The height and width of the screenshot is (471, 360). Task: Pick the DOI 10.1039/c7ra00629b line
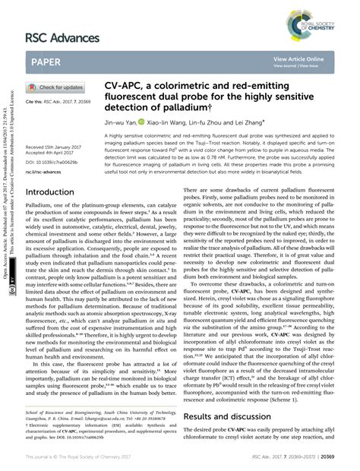[x=55, y=162]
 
